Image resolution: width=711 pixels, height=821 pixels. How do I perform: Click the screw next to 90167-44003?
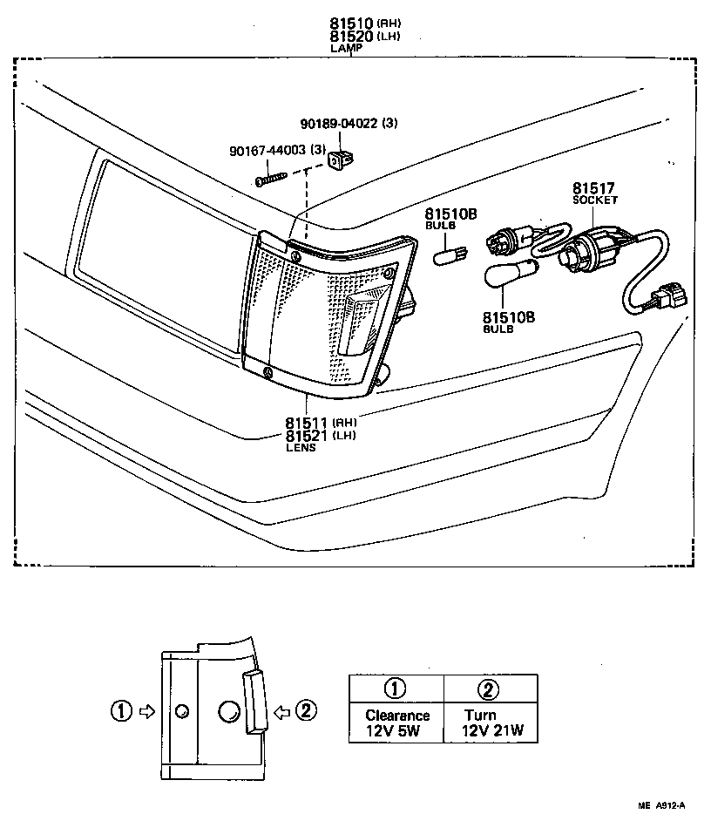272,178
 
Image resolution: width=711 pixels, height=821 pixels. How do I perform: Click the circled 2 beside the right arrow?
304,711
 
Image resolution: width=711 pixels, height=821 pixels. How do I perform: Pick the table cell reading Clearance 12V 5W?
397,723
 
